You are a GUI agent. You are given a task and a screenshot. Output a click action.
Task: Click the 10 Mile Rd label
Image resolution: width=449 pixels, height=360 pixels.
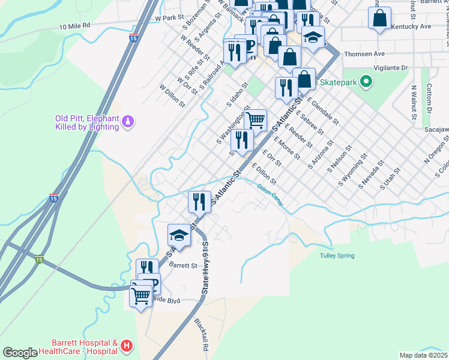click(x=74, y=26)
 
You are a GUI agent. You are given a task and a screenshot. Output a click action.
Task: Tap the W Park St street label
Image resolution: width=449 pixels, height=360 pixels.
click(x=168, y=19)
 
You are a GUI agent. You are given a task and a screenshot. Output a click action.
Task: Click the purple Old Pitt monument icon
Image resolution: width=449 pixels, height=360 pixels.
click(x=127, y=122)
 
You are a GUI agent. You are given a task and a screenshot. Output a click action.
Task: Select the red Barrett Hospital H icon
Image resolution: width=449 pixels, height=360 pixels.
click(x=126, y=346)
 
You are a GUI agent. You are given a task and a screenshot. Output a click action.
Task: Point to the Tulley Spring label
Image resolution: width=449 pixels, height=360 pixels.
click(x=337, y=256)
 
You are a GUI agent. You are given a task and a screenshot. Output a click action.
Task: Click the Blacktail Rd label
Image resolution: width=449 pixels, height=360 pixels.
click(x=200, y=335)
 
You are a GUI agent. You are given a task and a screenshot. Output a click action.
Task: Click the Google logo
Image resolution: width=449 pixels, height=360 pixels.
click(x=19, y=353)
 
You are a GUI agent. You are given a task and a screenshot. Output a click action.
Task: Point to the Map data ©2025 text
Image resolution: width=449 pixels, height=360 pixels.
click(x=424, y=355)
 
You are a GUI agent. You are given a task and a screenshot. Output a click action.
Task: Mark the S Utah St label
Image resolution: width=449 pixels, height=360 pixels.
click(x=390, y=180)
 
